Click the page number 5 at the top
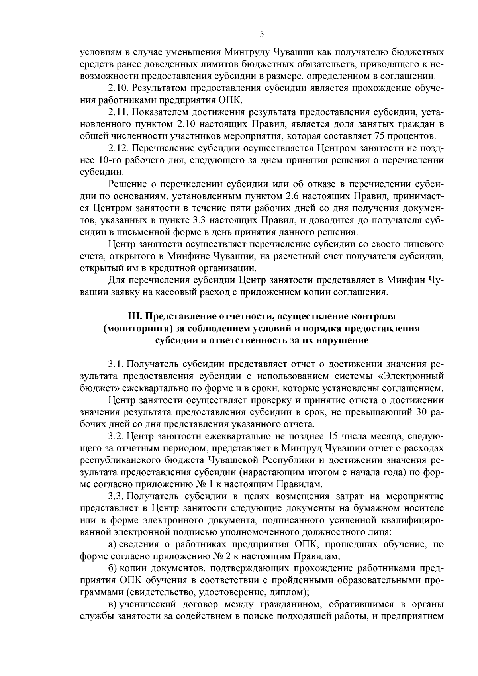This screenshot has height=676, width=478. point(262,34)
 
